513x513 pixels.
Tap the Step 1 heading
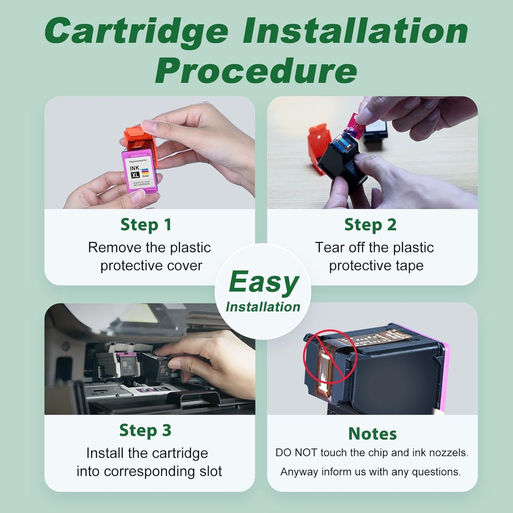coord(146,225)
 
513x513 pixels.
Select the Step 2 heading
coord(370,225)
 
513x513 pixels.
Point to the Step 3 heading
coord(145,430)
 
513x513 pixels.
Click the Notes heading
coord(372,434)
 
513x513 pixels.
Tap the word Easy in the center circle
coord(264,282)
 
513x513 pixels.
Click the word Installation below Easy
coord(263,307)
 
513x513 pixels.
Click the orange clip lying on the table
coord(317,146)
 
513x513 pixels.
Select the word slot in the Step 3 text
coord(210,471)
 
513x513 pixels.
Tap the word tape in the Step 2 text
coord(410,266)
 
